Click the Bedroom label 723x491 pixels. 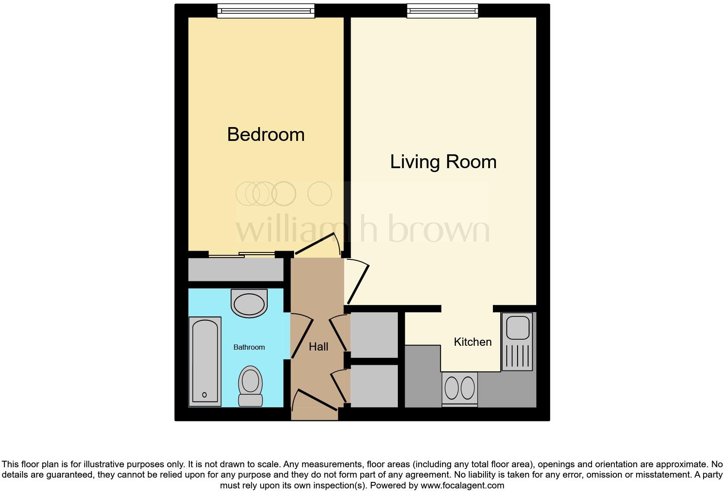266,134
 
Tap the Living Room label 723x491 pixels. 443,162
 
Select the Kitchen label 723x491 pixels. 473,342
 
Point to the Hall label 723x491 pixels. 318,347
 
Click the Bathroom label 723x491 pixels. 249,347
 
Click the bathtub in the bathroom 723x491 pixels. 205,361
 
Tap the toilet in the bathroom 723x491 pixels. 250,386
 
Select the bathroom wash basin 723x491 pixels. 249,303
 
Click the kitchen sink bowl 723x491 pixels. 518,327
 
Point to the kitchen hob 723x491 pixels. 460,388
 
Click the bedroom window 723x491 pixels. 266,11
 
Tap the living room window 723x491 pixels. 442,11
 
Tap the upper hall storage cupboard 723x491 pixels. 374,335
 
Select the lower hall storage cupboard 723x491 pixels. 374,386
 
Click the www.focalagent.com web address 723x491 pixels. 462,485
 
